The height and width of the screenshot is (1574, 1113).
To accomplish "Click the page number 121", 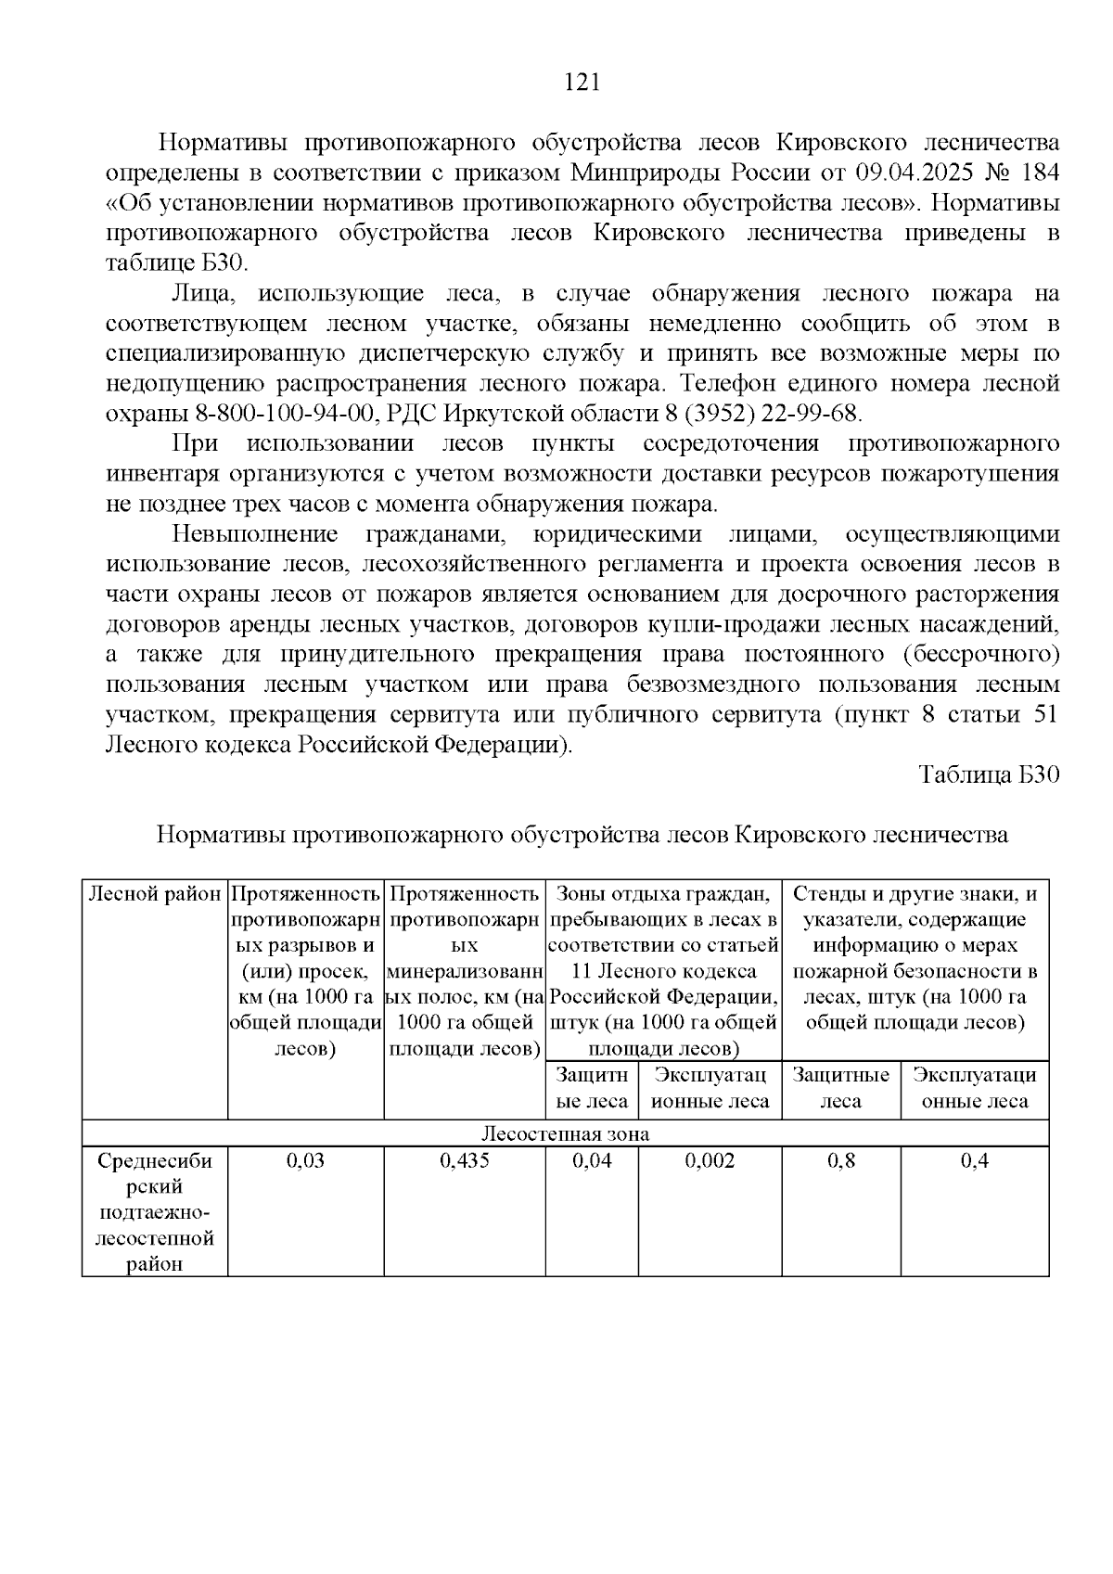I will pyautogui.click(x=582, y=83).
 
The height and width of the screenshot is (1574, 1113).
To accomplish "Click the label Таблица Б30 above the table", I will pyautogui.click(x=988, y=775).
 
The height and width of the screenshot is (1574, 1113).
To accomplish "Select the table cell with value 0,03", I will pyautogui.click(x=305, y=1161).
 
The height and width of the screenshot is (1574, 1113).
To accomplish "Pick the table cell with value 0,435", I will pyautogui.click(x=464, y=1161).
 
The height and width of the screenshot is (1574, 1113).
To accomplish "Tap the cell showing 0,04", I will pyautogui.click(x=592, y=1161).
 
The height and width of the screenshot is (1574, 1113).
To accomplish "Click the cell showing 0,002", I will pyautogui.click(x=710, y=1161).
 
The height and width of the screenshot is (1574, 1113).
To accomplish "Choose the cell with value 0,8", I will pyautogui.click(x=840, y=1161).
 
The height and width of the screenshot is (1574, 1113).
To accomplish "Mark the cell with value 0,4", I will pyautogui.click(x=974, y=1161).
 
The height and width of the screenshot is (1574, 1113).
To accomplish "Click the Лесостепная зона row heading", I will pyautogui.click(x=565, y=1133).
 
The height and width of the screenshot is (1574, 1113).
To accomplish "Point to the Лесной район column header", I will pyautogui.click(x=155, y=895).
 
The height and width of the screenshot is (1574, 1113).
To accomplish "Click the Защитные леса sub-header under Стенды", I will pyautogui.click(x=840, y=1088).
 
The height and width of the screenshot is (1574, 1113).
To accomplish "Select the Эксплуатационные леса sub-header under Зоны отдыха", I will pyautogui.click(x=710, y=1088).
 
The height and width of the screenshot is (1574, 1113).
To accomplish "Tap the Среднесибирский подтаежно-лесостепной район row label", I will pyautogui.click(x=155, y=1211).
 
